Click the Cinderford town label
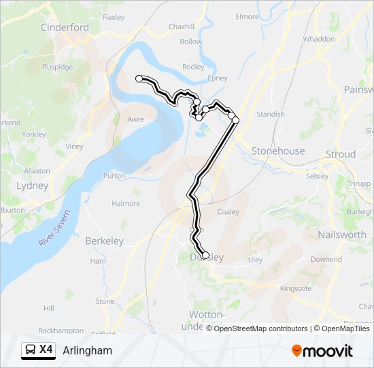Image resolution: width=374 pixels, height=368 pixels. pyautogui.click(x=65, y=28)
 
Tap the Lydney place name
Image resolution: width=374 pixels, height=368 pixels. pyautogui.click(x=32, y=185)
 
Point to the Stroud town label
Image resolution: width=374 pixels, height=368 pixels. pyautogui.click(x=340, y=155)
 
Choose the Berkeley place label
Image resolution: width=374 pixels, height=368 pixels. pyautogui.click(x=104, y=241)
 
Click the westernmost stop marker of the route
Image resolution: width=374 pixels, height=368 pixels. pyautogui.click(x=139, y=79)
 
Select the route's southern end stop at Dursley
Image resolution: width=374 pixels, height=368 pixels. pyautogui.click(x=205, y=256)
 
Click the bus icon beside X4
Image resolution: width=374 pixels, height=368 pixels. pyautogui.click(x=31, y=350)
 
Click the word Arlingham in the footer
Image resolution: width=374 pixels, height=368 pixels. pyautogui.click(x=87, y=351)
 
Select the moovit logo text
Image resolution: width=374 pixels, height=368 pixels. pyautogui.click(x=328, y=351)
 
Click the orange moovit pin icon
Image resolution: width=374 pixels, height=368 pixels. pyautogui.click(x=296, y=351)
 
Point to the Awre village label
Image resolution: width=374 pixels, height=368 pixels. pyautogui.click(x=136, y=119)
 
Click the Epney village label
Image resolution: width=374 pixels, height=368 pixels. pyautogui.click(x=218, y=78)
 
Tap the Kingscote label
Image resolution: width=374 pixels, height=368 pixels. pyautogui.click(x=296, y=289)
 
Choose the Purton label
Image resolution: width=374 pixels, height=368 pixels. pyautogui.click(x=114, y=176)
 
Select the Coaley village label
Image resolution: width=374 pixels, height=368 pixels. pyautogui.click(x=228, y=212)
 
